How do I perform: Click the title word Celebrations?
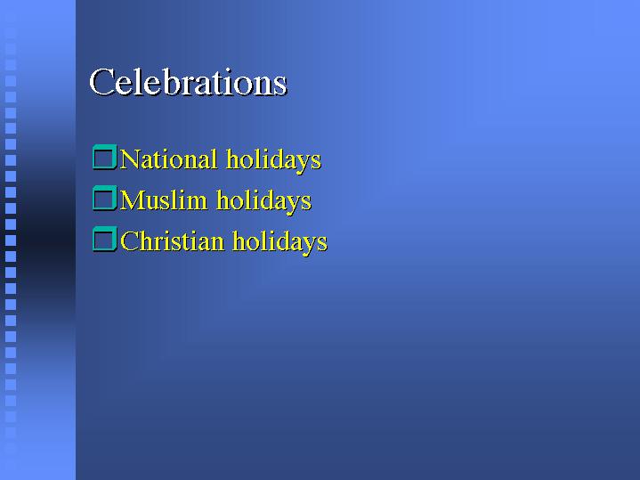tap(188, 82)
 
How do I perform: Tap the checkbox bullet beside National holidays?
tap(105, 158)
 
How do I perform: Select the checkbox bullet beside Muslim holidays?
tap(105, 198)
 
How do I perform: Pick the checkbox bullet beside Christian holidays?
tap(105, 239)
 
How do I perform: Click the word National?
tap(168, 159)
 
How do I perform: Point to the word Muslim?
tap(164, 199)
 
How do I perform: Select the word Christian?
tap(173, 240)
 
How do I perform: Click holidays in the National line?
tap(274, 160)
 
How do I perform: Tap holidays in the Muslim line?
tap(264, 201)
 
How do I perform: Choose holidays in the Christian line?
tap(280, 242)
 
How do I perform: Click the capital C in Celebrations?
tap(101, 83)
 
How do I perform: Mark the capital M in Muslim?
tap(133, 200)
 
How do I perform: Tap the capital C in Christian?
tap(129, 241)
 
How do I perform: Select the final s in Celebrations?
tap(280, 86)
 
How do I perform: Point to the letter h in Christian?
tap(146, 241)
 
